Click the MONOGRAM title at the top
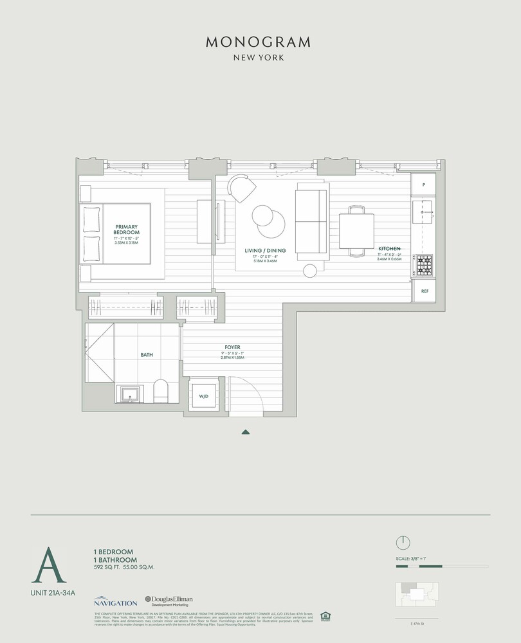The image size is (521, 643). pos(259,42)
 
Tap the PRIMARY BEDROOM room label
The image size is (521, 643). pos(127,230)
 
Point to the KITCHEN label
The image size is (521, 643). pos(390,248)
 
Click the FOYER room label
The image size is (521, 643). pos(232,347)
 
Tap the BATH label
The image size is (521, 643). pos(147,354)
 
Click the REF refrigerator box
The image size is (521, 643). pos(425,291)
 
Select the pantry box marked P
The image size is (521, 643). pos(425,185)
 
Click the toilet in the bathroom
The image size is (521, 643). pos(160,391)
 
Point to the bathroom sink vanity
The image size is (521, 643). pos(131,394)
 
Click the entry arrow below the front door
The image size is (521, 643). pos(245,432)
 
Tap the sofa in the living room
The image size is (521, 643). pos(312,224)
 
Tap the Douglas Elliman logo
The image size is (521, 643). pos(169,601)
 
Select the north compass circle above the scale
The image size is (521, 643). pos(403,542)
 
